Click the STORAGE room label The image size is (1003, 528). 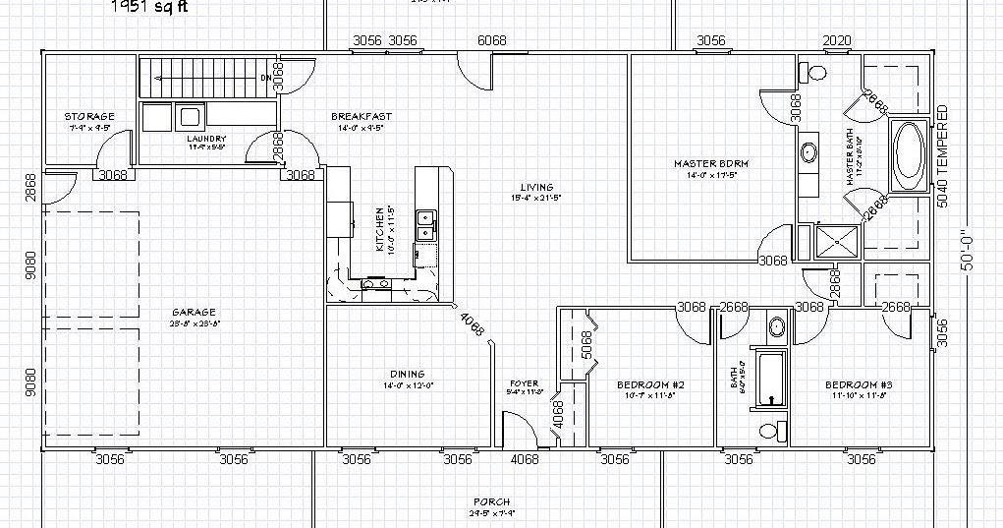pyautogui.click(x=89, y=117)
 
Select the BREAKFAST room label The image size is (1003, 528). pyautogui.click(x=362, y=117)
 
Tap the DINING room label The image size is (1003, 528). pyautogui.click(x=407, y=374)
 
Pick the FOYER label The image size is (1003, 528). pyautogui.click(x=524, y=383)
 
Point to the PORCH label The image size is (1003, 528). pyautogui.click(x=491, y=502)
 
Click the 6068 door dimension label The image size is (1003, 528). pyautogui.click(x=491, y=40)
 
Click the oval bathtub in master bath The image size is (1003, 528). pyautogui.click(x=909, y=155)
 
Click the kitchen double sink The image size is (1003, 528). pyautogui.click(x=425, y=225)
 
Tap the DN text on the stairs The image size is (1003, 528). pyautogui.click(x=265, y=77)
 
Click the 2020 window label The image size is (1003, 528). pyautogui.click(x=837, y=40)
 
